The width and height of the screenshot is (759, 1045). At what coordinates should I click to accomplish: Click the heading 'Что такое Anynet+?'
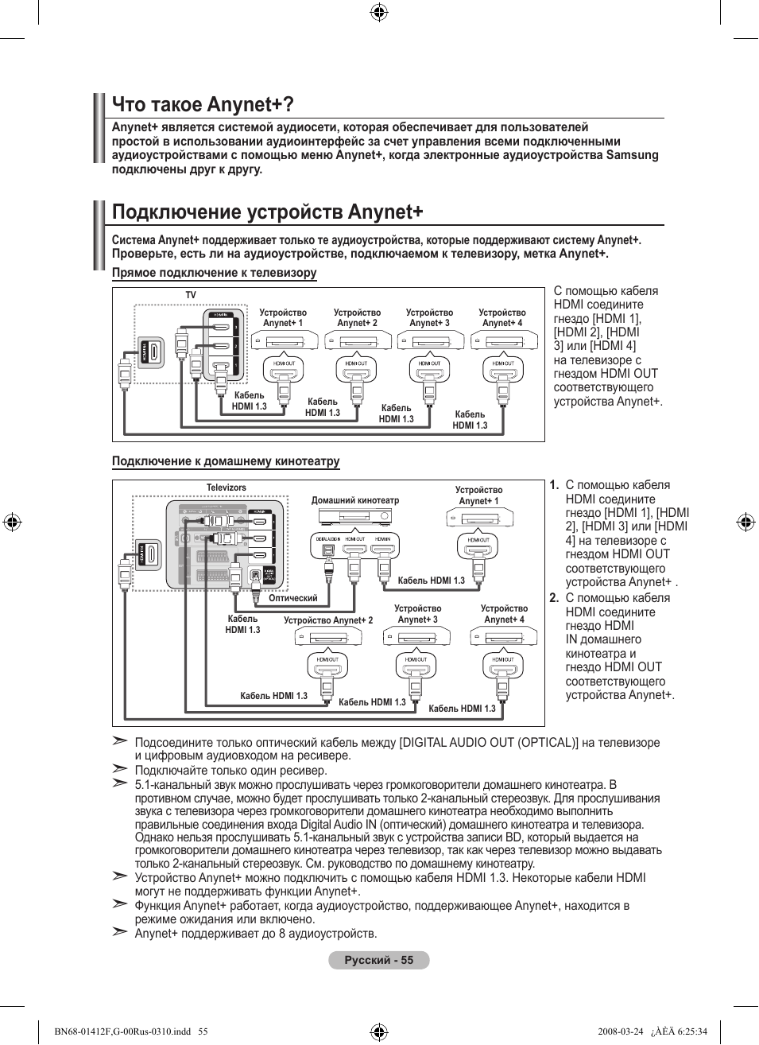203,104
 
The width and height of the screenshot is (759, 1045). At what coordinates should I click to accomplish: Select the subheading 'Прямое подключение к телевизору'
214,273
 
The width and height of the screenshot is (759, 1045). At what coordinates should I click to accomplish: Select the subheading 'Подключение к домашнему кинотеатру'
226,461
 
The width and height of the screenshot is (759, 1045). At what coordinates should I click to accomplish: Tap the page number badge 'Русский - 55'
379,960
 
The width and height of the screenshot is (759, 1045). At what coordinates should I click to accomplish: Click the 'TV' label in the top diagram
191,295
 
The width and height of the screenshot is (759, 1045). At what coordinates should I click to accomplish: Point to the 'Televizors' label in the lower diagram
227,488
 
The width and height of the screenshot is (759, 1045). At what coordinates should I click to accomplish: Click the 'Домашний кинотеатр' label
355,500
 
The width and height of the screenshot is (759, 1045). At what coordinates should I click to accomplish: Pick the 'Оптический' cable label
293,598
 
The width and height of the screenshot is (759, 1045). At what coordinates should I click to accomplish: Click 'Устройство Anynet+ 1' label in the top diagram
283,318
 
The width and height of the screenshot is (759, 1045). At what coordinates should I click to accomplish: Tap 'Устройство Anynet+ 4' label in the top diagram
502,318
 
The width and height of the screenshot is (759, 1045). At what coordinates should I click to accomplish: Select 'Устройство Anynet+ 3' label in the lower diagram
417,614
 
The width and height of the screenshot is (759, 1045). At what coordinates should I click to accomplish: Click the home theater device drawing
355,516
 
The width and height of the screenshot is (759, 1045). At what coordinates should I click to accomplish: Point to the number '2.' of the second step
554,598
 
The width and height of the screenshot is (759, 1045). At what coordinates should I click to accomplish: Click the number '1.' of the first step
554,485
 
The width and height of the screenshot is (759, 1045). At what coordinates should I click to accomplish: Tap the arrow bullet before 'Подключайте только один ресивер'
120,769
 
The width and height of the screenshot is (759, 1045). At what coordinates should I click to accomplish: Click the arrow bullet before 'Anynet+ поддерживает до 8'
120,932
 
